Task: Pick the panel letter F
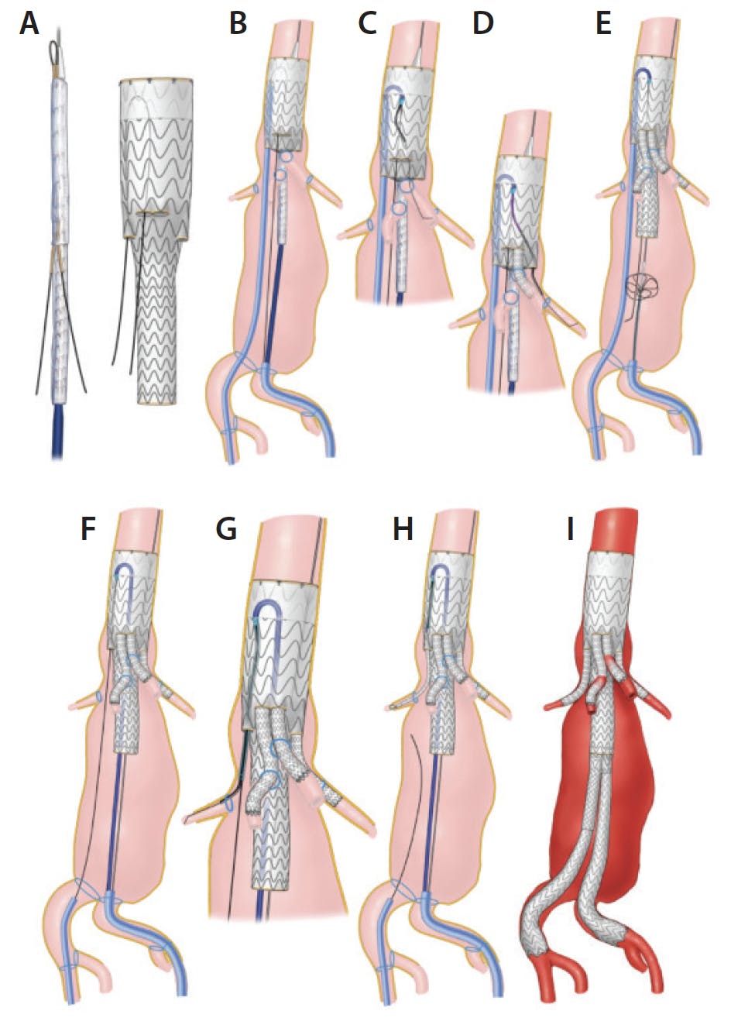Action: coord(88,528)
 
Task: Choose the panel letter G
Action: coord(226,528)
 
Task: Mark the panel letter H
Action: coord(403,528)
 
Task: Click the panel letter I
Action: coord(571,528)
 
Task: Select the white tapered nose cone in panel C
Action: coord(416,57)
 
